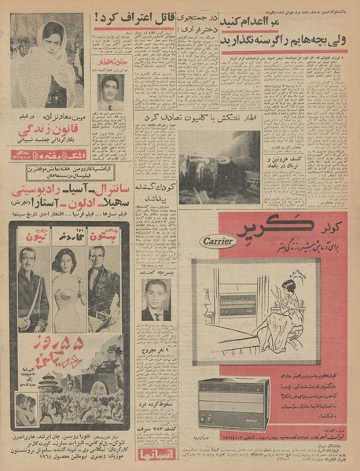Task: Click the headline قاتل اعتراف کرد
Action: pos(133,15)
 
